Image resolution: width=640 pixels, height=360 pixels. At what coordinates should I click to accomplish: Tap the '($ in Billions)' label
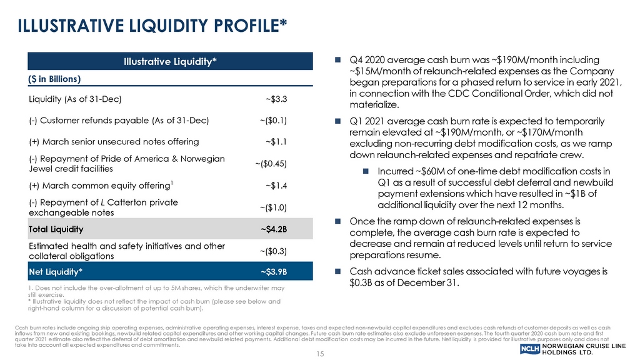tap(55, 79)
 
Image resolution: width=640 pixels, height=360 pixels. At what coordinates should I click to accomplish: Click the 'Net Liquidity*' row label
tap(55, 272)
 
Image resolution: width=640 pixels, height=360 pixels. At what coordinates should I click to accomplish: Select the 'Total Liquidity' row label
tap(57, 229)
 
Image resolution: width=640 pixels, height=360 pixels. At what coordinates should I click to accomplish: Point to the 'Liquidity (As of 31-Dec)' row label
tap(75, 99)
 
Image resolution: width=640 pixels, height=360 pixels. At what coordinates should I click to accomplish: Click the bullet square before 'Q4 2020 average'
tap(337, 61)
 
